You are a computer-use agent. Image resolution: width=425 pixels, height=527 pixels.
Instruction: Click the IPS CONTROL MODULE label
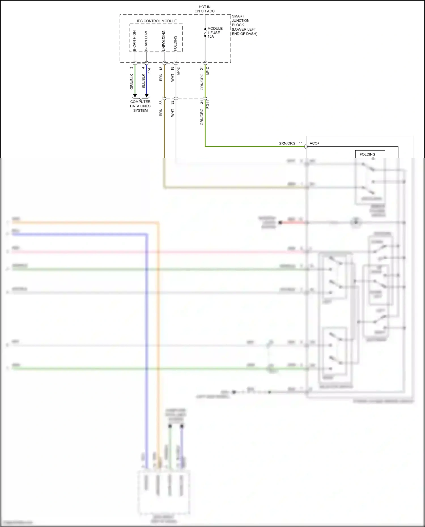(x=157, y=21)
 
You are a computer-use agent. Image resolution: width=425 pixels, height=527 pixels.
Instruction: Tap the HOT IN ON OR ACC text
(x=204, y=9)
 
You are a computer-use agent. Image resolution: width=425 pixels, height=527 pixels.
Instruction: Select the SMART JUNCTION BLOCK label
(x=244, y=25)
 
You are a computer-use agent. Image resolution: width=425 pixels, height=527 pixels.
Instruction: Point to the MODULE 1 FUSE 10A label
(x=215, y=32)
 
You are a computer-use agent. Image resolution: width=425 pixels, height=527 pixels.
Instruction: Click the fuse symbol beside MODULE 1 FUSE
(x=205, y=33)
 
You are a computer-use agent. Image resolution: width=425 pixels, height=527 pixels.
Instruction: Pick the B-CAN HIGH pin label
(x=134, y=41)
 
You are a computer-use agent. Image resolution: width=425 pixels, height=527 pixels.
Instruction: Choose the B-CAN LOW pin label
(x=146, y=41)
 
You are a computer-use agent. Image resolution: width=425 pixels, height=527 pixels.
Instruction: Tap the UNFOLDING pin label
(x=163, y=41)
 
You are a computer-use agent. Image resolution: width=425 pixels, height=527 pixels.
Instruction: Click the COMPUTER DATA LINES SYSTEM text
(x=140, y=106)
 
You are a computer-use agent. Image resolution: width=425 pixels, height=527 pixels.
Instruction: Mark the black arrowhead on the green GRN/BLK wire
(x=135, y=96)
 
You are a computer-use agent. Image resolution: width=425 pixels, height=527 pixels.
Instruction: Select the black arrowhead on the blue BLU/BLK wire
(x=146, y=96)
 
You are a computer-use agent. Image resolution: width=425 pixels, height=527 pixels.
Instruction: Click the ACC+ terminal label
(x=314, y=143)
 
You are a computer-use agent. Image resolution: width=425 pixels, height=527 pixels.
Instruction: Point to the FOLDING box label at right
(x=367, y=154)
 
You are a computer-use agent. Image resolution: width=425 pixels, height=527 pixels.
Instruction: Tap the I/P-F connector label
(x=149, y=71)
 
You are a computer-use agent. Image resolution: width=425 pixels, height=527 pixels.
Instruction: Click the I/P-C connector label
(x=208, y=71)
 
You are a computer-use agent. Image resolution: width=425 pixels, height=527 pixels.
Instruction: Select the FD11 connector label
(x=208, y=104)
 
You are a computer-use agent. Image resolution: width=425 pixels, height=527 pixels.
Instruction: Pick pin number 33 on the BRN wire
(x=161, y=102)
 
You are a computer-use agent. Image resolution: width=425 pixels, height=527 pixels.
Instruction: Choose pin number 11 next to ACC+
(x=301, y=143)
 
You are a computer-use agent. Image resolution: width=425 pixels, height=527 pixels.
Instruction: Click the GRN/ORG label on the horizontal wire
(x=287, y=143)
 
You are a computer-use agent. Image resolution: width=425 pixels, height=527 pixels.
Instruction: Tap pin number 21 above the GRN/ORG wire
(x=202, y=68)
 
